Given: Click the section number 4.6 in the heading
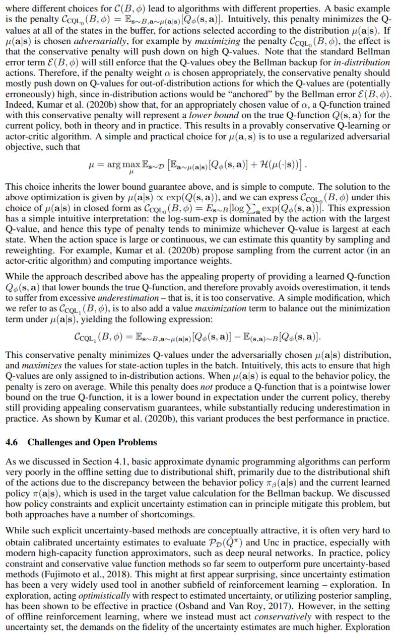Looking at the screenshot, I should [x=11, y=442].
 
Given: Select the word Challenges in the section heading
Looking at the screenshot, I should [x=48, y=442].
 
